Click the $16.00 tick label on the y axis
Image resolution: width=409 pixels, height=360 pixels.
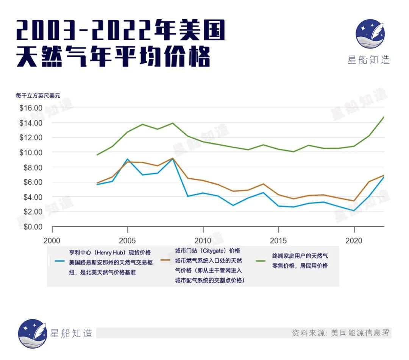tap(31, 108)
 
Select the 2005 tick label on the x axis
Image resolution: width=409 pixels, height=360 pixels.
tap(128, 240)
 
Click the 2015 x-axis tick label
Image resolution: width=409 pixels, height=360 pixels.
tap(278, 240)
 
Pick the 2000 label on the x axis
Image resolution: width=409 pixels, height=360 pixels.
tap(52, 240)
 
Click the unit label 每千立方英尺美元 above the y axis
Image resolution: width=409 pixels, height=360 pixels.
tap(38, 96)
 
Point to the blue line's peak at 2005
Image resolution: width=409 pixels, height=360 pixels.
tap(128, 159)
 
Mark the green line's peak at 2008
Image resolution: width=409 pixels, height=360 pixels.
tap(173, 123)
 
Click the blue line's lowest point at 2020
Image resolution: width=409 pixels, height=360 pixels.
tap(354, 211)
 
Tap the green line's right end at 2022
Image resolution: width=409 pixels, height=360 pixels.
tap(384, 117)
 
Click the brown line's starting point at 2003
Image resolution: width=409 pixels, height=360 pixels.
tap(98, 183)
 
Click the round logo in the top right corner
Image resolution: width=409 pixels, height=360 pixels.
tap(370, 33)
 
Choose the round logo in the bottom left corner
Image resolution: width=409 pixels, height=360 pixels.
tap(33, 333)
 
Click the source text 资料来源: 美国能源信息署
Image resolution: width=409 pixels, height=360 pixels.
tap(340, 333)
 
